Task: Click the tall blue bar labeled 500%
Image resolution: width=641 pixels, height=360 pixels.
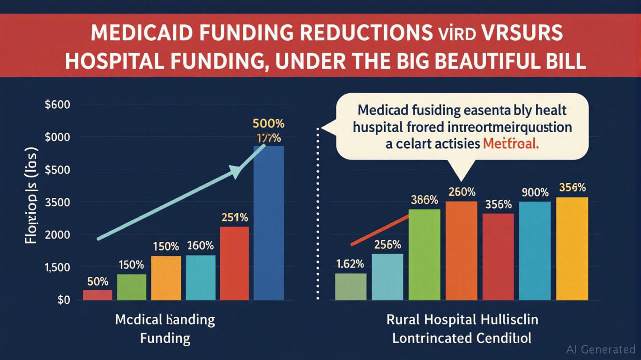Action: (268, 223)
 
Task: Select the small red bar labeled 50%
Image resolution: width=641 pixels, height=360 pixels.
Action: (97, 295)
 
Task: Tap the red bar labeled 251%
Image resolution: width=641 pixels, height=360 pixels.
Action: (234, 263)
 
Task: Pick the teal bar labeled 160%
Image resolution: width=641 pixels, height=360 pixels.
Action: (201, 277)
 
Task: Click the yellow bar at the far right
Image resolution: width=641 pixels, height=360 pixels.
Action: (573, 248)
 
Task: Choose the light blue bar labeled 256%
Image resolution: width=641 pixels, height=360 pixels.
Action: (388, 277)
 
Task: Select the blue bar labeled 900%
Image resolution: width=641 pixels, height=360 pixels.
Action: (535, 251)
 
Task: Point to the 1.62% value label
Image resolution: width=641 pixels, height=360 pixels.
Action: (350, 264)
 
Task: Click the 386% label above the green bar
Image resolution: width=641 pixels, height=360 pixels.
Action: (425, 200)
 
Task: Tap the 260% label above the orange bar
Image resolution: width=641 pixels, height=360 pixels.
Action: (462, 192)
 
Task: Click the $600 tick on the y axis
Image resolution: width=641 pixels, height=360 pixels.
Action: (57, 105)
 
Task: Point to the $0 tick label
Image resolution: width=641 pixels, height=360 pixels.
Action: (64, 300)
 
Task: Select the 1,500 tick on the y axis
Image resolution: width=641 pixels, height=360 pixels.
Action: (57, 267)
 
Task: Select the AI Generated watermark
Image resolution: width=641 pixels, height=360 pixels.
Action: (601, 349)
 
